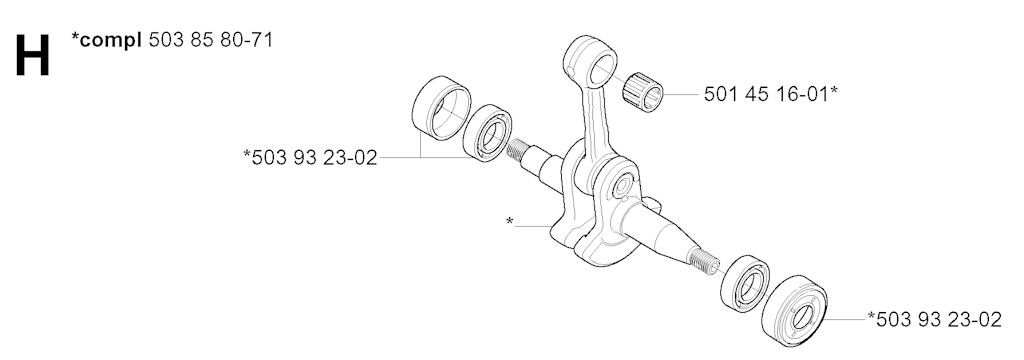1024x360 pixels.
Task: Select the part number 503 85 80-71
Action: coord(211,40)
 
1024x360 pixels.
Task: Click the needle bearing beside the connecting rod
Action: coord(643,93)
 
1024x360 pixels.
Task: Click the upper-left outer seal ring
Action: coord(442,108)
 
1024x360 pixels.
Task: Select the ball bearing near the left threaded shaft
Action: coord(487,133)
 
